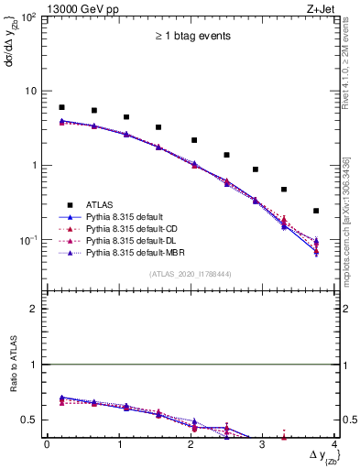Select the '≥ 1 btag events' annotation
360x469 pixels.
coord(192,37)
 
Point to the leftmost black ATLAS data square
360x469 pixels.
coord(61,107)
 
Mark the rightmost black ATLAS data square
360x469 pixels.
coord(316,211)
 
